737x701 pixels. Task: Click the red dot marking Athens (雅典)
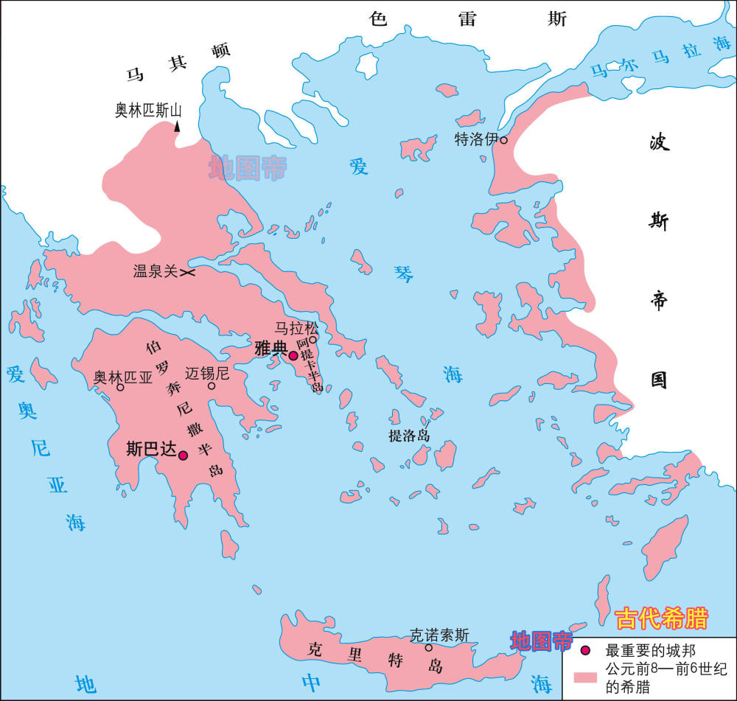tap(293, 356)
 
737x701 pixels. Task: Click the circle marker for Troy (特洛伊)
tap(504, 139)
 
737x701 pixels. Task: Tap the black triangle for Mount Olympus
tap(178, 128)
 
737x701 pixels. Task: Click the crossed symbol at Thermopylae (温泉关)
tap(188, 273)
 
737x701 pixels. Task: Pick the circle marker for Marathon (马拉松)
tap(312, 340)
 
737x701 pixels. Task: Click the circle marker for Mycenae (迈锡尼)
tap(212, 386)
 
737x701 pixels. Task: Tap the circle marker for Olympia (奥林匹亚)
tap(120, 387)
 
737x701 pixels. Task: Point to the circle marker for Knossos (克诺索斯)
tap(429, 647)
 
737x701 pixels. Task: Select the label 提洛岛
tap(409, 436)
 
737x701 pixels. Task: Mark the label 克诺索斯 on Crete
tap(439, 634)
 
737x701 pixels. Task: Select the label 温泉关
tap(155, 272)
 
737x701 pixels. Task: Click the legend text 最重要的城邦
tap(646, 651)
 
